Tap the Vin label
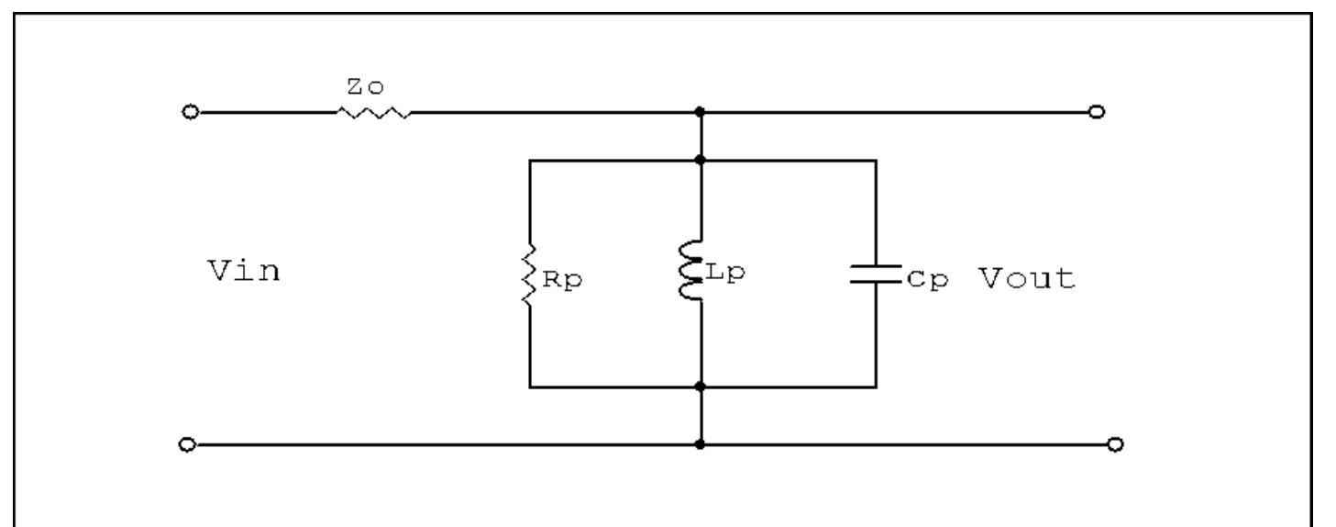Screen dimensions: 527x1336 point(244,274)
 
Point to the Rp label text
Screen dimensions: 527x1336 point(561,281)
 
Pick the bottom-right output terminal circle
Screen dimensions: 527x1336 point(1115,445)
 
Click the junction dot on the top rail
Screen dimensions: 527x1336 point(701,112)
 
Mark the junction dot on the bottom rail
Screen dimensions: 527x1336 point(701,445)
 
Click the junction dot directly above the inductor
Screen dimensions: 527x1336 point(701,160)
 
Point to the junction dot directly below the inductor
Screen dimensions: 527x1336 point(701,387)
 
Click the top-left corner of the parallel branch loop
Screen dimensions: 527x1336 point(530,160)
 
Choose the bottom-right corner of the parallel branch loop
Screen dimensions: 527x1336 point(876,387)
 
